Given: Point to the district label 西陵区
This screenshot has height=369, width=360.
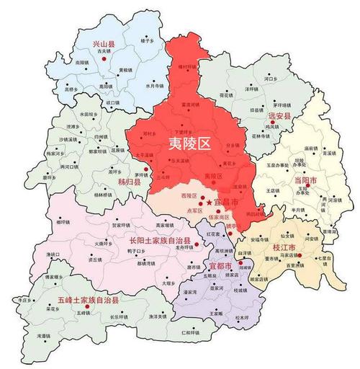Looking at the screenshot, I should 189,196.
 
